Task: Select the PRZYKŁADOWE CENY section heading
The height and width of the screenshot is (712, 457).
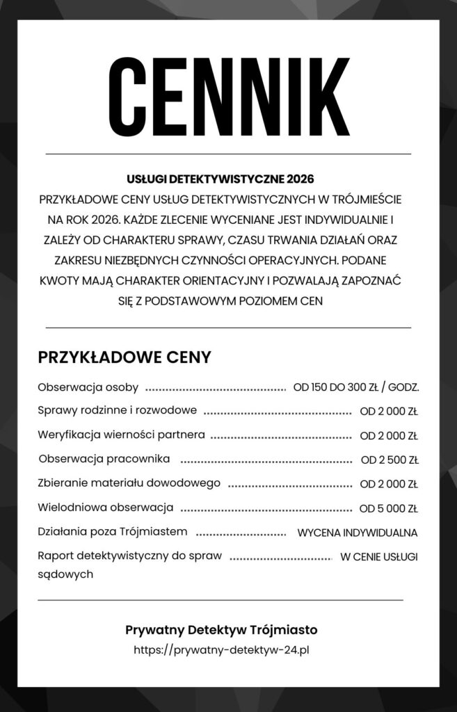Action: click(125, 357)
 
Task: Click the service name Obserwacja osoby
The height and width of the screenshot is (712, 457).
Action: click(88, 387)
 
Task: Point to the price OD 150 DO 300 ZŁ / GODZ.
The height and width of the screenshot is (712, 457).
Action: click(356, 387)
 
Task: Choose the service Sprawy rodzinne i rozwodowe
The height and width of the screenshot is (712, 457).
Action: click(117, 410)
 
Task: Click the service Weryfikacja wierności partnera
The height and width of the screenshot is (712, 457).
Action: click(121, 435)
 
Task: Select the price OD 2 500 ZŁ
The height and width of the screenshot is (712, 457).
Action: click(389, 460)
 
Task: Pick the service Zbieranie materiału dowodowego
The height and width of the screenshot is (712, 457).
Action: click(129, 483)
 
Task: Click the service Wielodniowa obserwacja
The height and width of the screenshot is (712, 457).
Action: click(105, 507)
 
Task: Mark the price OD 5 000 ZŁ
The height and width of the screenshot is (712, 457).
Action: click(388, 508)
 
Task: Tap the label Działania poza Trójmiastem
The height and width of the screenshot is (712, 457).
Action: click(113, 531)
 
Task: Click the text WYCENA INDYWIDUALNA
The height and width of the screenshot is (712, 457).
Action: click(357, 533)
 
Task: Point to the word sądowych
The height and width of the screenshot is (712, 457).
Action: click(65, 574)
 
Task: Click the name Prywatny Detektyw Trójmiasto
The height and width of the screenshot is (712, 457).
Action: click(221, 629)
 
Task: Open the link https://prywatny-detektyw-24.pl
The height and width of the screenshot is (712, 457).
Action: click(221, 650)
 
